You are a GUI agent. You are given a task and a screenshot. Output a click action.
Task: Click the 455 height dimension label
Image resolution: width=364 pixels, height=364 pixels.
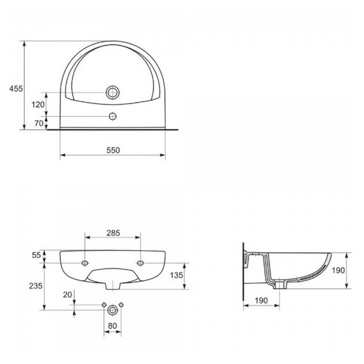click(x=16, y=88)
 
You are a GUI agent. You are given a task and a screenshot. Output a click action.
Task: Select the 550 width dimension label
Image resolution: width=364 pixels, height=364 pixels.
click(x=113, y=150)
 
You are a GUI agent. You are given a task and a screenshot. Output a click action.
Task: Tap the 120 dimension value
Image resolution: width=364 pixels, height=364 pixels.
click(x=38, y=105)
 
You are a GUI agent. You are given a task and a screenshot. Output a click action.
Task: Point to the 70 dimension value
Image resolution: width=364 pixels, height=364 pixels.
click(x=39, y=123)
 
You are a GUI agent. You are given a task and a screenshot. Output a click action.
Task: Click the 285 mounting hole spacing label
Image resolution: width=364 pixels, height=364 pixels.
click(x=113, y=233)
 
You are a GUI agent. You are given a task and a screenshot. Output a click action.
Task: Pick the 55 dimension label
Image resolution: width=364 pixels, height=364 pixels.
click(x=36, y=255)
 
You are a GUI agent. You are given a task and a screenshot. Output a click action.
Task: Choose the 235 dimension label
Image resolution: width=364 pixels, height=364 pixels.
click(x=36, y=286)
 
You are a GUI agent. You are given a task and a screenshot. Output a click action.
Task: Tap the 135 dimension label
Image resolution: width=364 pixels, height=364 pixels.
click(x=177, y=275)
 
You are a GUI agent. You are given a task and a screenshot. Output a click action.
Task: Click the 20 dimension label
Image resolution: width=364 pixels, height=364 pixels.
click(x=67, y=294)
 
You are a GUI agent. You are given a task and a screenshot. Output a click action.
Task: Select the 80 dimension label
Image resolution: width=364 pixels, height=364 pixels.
click(x=112, y=326)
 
